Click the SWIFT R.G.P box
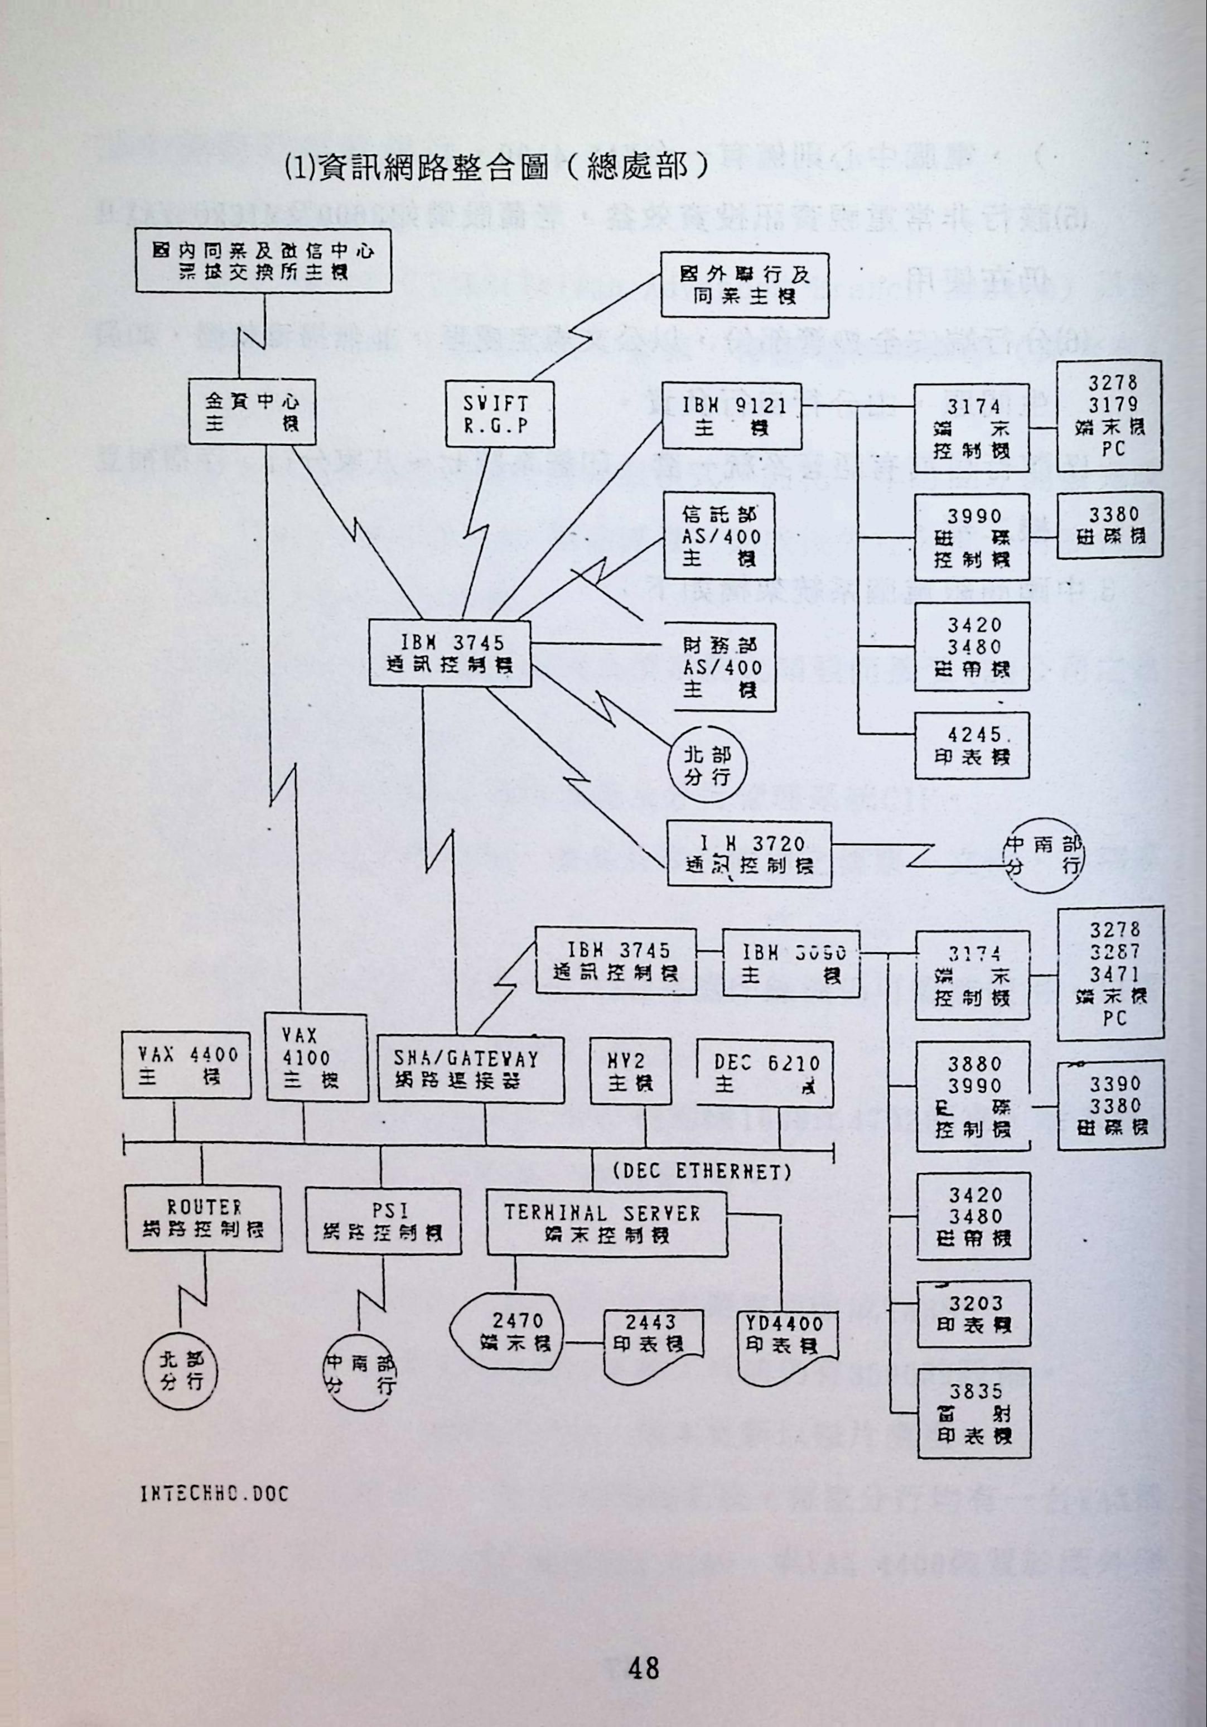[497, 414]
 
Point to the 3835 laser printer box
[974, 1414]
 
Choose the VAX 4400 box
[187, 1066]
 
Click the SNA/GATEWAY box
[470, 1069]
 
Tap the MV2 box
[630, 1072]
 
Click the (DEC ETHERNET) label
[702, 1171]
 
